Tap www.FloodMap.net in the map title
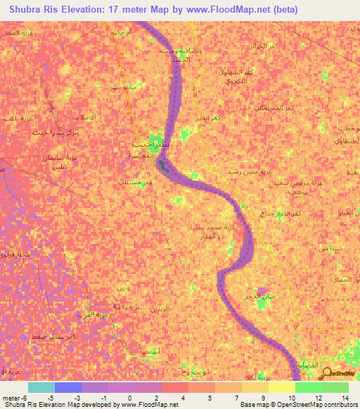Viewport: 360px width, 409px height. pyautogui.click(x=235, y=10)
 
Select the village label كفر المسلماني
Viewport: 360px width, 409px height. pyautogui.click(x=274, y=107)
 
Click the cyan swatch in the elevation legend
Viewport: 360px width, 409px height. pyautogui.click(x=41, y=387)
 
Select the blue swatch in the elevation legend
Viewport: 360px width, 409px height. pyautogui.click(x=68, y=387)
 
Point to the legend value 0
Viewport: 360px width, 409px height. pyautogui.click(x=131, y=398)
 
